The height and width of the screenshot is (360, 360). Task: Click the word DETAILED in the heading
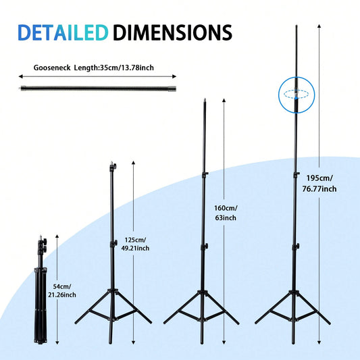pos(63,32)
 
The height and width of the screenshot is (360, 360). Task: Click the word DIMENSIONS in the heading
pos(172,32)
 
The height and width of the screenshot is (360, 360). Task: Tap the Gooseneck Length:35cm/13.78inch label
pos(94,68)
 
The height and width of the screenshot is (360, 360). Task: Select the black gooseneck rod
pos(98,88)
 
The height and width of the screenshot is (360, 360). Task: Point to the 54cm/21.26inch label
pos(62,290)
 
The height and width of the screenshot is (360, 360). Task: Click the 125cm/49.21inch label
pos(135,244)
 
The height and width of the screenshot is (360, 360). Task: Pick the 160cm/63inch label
pos(226,213)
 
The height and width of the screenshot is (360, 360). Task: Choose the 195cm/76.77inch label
pos(319,184)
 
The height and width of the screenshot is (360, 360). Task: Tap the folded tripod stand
pos(41,290)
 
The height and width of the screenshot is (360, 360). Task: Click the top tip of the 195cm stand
pos(297,26)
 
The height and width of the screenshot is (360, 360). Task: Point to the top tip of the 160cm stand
pos(205,99)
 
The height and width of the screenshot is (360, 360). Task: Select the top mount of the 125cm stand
pos(113,165)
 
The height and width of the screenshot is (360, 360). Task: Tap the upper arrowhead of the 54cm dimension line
pos(57,236)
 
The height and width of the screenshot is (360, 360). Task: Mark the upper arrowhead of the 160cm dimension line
pos(224,101)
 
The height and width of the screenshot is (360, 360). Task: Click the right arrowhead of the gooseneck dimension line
pos(174,76)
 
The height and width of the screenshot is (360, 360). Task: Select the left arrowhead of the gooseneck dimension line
pos(20,76)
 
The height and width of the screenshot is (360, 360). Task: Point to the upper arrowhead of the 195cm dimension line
pos(319,26)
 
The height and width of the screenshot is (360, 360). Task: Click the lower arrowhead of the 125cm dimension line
pos(133,342)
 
